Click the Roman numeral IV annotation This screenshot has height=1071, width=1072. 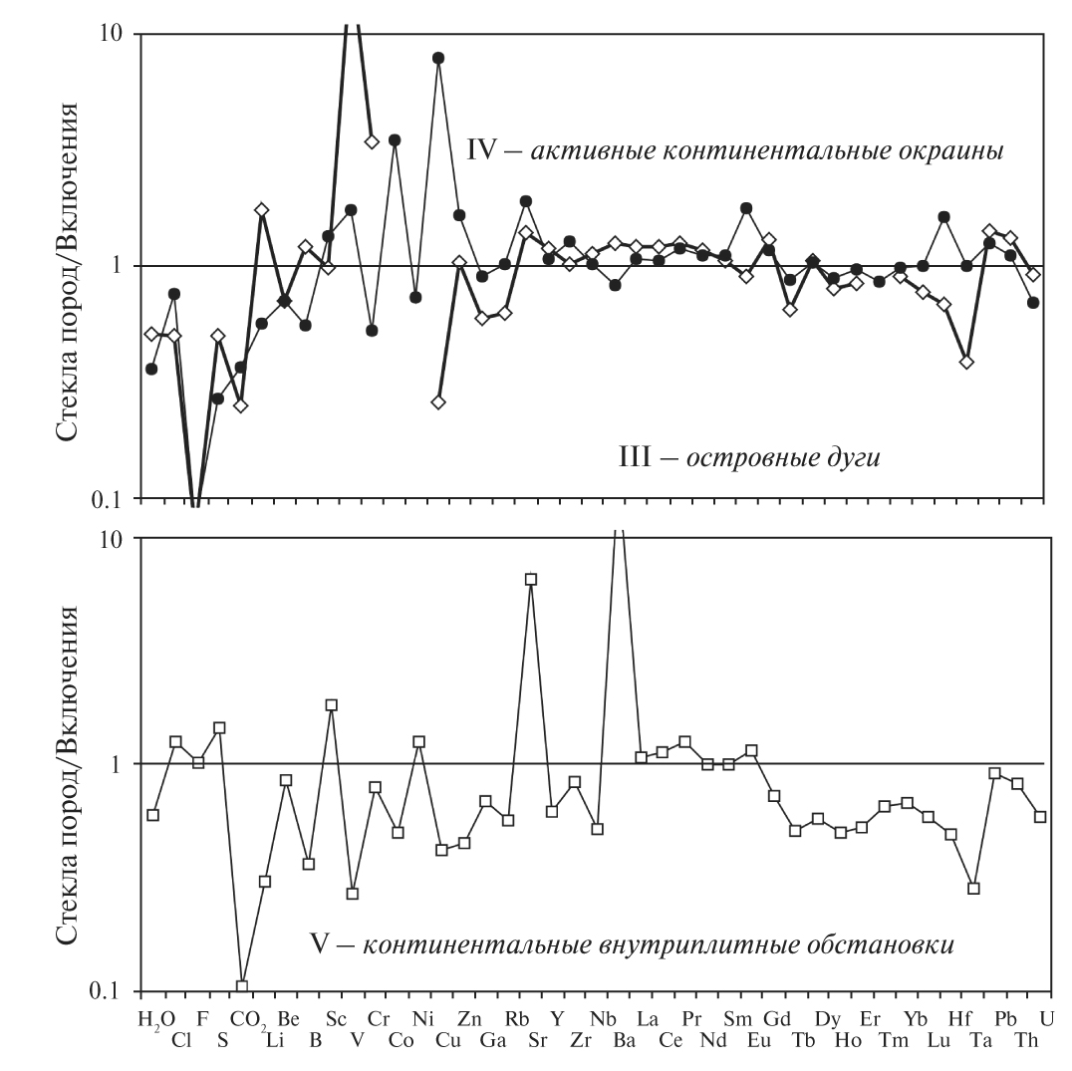click(481, 151)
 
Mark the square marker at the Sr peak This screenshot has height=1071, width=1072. click(531, 579)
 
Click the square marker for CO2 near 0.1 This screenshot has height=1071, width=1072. click(242, 986)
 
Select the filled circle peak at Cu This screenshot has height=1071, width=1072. click(438, 58)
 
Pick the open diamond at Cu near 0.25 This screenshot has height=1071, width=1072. click(438, 402)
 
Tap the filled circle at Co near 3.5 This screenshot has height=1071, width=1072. click(395, 139)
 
